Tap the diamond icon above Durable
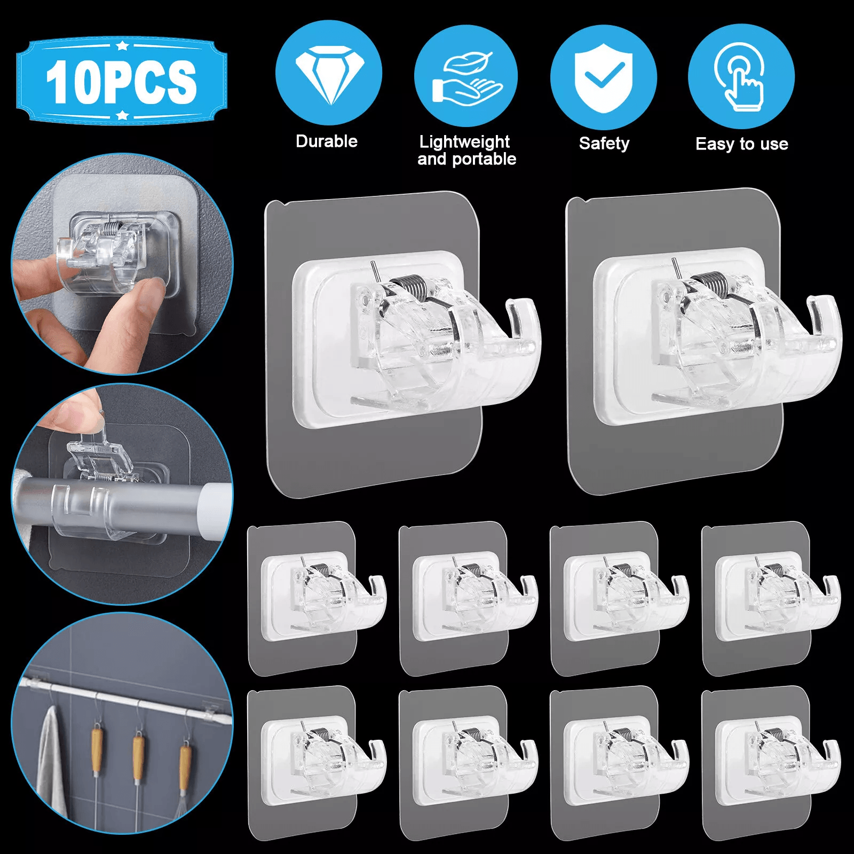pos(329,74)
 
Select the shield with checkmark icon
pos(604,78)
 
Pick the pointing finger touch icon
pos(741,77)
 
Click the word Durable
pos(327,141)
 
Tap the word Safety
pos(604,144)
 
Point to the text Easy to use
pos(742,144)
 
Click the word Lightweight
pos(464,142)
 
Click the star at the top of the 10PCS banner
pos(122,45)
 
